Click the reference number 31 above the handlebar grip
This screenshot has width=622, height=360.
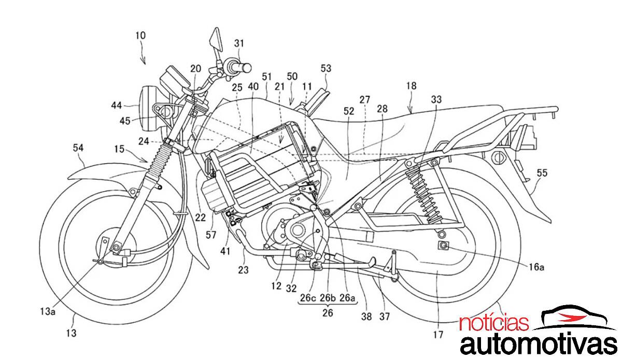(x=238, y=44)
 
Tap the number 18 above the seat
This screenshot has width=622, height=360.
(x=412, y=85)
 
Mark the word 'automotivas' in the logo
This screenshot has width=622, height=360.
(x=539, y=345)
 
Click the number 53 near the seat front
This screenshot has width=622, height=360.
(x=326, y=68)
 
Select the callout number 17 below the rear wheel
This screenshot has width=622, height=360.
(x=438, y=335)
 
